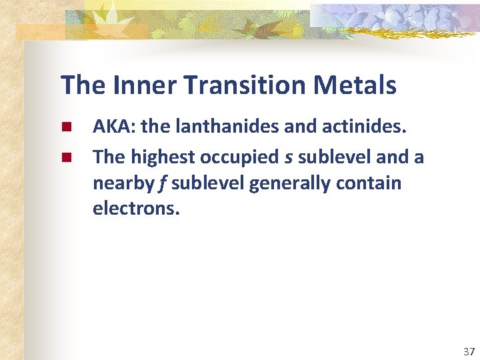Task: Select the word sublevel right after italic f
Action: (x=207, y=183)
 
